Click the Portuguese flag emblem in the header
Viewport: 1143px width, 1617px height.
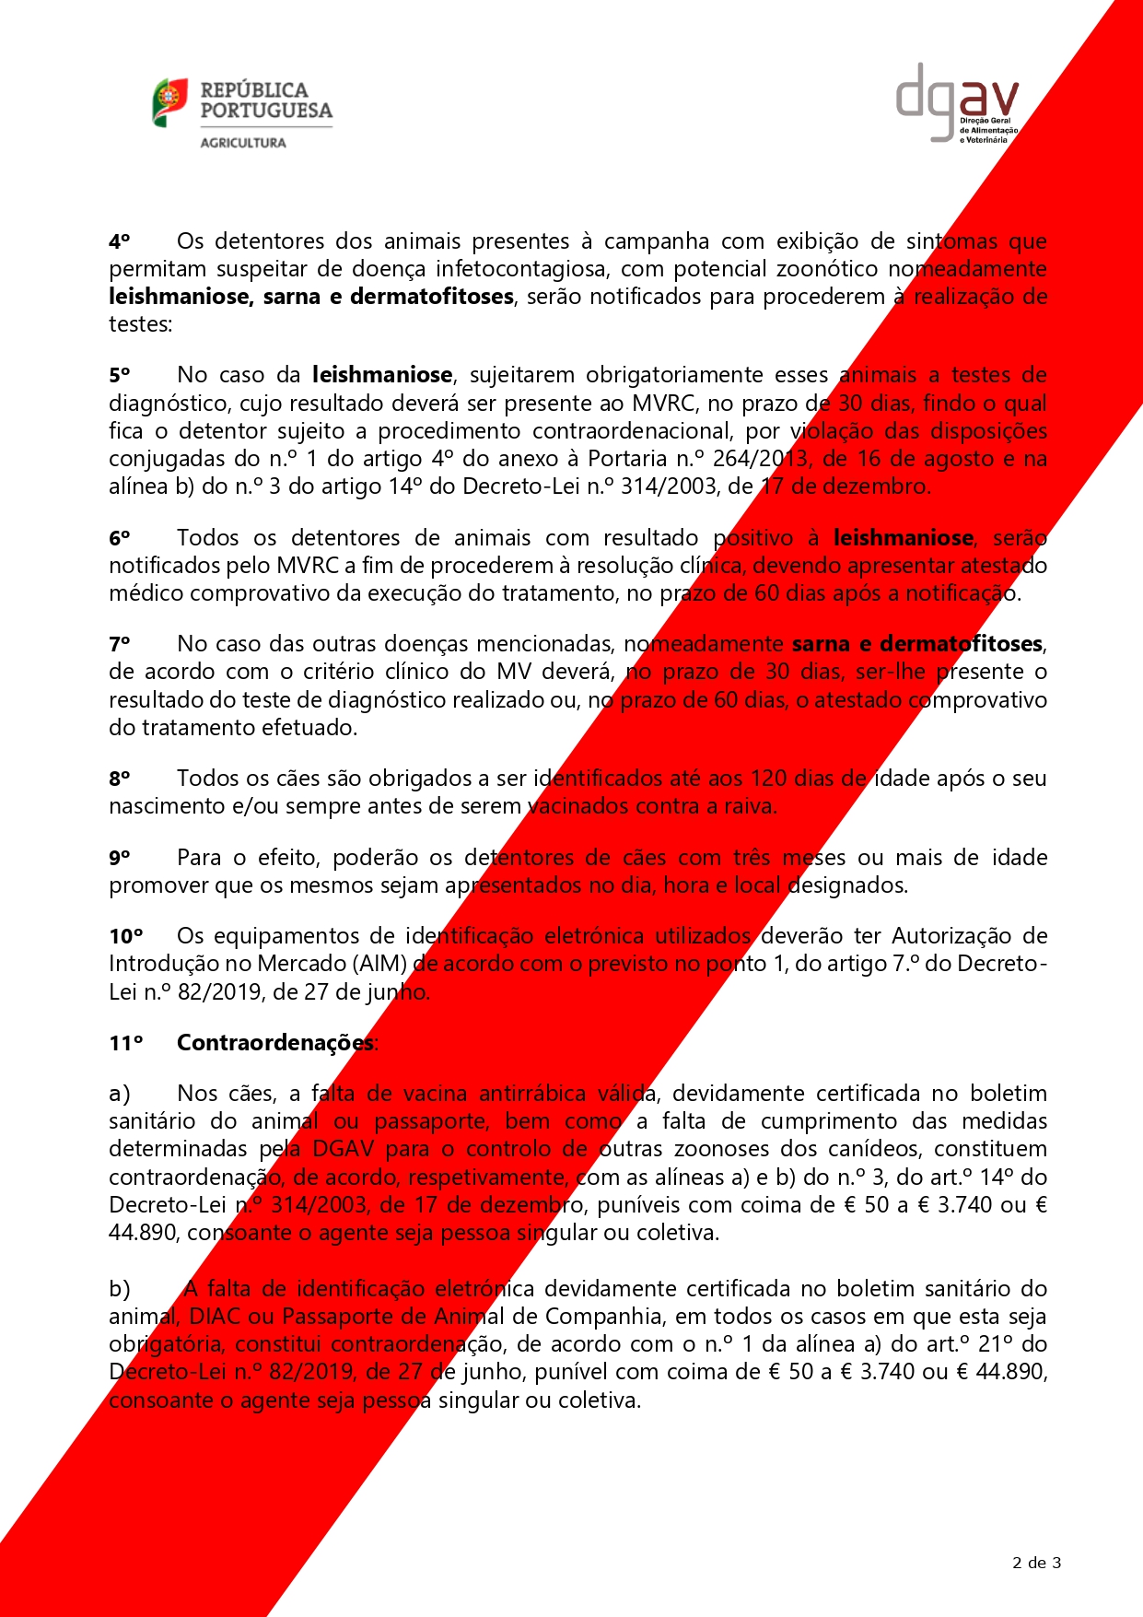click(x=170, y=102)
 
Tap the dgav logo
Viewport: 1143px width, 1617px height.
click(x=957, y=103)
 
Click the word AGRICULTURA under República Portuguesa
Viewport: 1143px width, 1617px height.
click(x=243, y=143)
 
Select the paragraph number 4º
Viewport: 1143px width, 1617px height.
click(x=120, y=241)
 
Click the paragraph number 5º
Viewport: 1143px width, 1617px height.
click(x=120, y=375)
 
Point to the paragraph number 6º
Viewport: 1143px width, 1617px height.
click(x=120, y=538)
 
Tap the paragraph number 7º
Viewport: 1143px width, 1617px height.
click(x=120, y=644)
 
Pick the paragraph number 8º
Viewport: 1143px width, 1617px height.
click(x=120, y=779)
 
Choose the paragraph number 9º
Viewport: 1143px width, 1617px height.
click(x=120, y=858)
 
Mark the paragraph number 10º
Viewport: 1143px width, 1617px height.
click(x=126, y=936)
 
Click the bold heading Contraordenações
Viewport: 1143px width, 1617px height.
click(x=275, y=1043)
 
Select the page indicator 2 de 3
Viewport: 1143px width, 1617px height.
click(x=1036, y=1562)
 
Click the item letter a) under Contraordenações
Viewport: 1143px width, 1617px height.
click(x=120, y=1094)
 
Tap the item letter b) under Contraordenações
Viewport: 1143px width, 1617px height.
click(x=120, y=1289)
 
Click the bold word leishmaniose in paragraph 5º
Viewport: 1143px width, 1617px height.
click(x=382, y=375)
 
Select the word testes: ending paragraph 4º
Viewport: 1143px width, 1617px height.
click(x=141, y=324)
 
